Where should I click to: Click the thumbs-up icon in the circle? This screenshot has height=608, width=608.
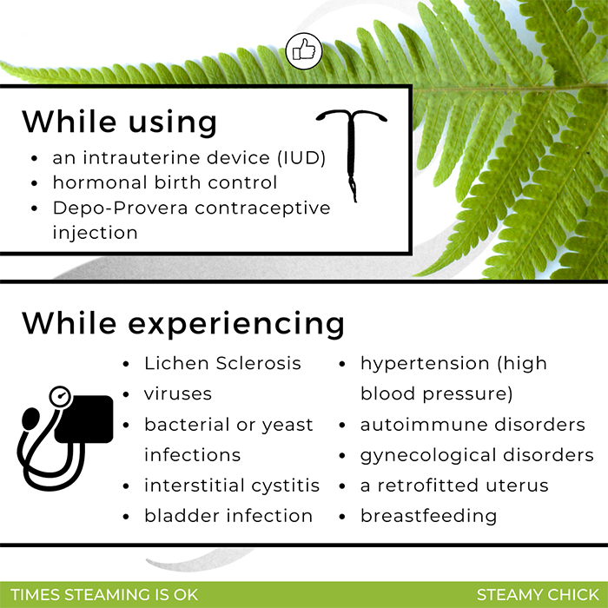pyautogui.click(x=304, y=51)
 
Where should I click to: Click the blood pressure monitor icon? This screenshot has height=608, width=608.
pyautogui.click(x=65, y=438)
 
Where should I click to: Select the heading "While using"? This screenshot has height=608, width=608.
pyautogui.click(x=119, y=122)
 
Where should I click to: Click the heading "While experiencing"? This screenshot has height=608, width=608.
pyautogui.click(x=183, y=323)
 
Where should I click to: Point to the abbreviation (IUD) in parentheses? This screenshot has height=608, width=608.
pyautogui.click(x=301, y=158)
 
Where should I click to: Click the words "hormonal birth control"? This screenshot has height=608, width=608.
pyautogui.click(x=165, y=182)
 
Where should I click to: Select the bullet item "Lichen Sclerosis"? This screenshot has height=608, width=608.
pyautogui.click(x=222, y=364)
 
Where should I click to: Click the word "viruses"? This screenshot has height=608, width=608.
pyautogui.click(x=178, y=394)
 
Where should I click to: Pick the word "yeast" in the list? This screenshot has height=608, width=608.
pyautogui.click(x=287, y=426)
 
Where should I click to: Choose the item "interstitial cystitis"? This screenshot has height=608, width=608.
pyautogui.click(x=232, y=486)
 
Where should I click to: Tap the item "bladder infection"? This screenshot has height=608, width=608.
pyautogui.click(x=228, y=516)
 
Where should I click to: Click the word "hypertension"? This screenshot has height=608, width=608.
pyautogui.click(x=425, y=364)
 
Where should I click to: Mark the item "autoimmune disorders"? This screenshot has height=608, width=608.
pyautogui.click(x=473, y=425)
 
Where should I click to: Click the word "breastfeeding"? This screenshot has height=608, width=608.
pyautogui.click(x=428, y=516)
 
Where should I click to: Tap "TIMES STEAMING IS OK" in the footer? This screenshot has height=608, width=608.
pyautogui.click(x=104, y=595)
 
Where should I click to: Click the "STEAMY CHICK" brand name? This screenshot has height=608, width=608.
pyautogui.click(x=538, y=595)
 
